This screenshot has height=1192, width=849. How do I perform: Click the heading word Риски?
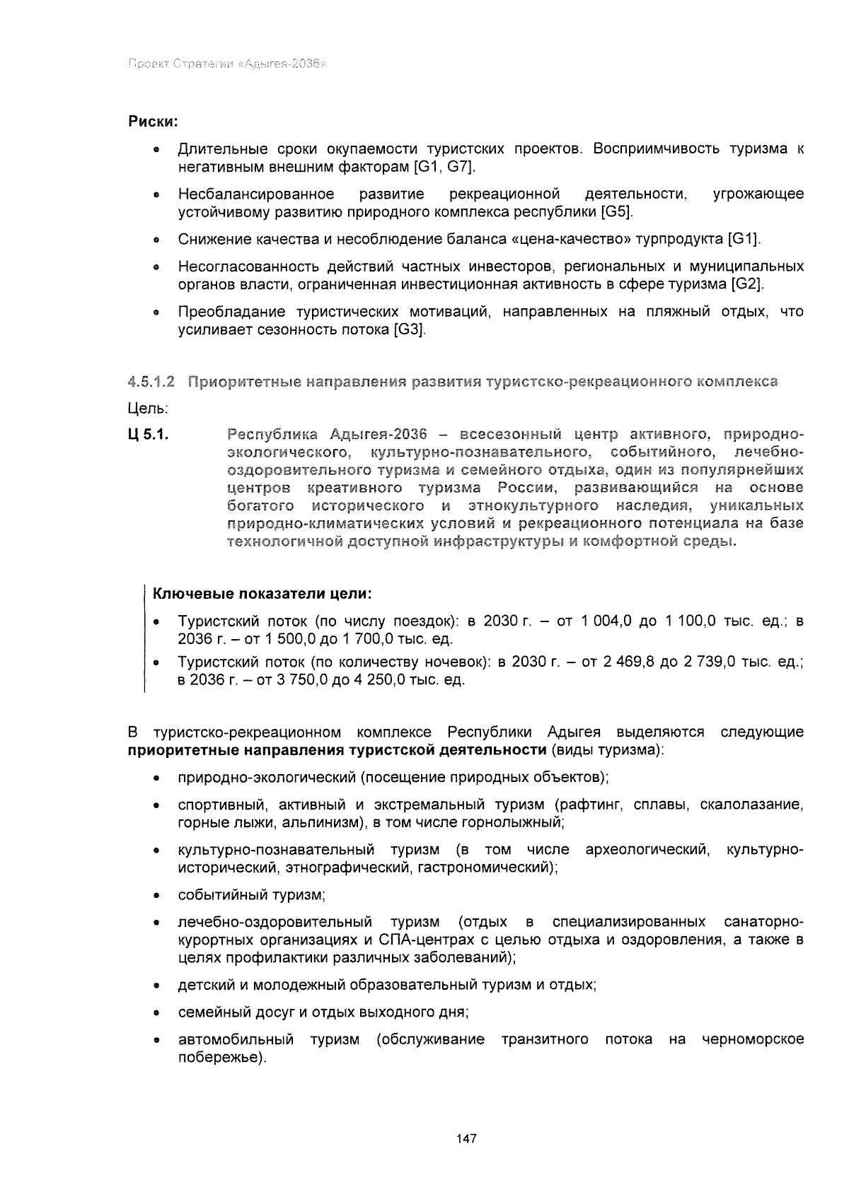coord(152,122)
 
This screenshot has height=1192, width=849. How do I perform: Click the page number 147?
coord(466,1139)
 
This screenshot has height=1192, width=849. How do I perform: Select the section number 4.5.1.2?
coord(151,382)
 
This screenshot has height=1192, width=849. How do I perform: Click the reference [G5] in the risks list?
coord(616,212)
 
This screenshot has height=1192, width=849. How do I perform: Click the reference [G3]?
coord(409,330)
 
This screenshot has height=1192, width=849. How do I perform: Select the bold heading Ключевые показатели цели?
coord(262,592)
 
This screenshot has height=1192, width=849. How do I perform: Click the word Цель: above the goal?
coord(148,409)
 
